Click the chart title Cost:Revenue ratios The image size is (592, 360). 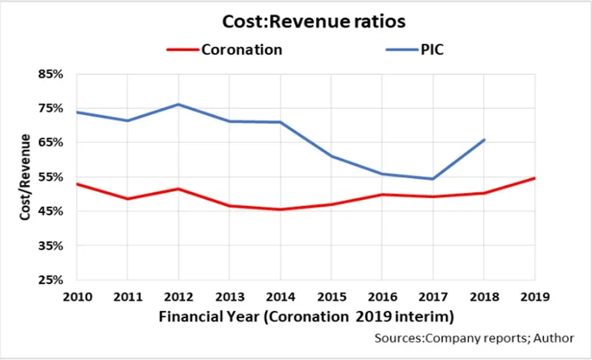pyautogui.click(x=313, y=21)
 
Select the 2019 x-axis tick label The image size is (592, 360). pyautogui.click(x=535, y=296)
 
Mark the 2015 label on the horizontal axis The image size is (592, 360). pyautogui.click(x=332, y=296)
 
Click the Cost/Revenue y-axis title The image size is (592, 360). pyautogui.click(x=25, y=177)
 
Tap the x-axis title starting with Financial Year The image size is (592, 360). pyautogui.click(x=306, y=317)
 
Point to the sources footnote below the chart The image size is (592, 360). pyautogui.click(x=474, y=338)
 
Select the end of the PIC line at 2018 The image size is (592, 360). pyautogui.click(x=484, y=140)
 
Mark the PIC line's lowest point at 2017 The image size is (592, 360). pyautogui.click(x=433, y=179)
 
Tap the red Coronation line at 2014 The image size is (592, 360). pyautogui.click(x=281, y=209)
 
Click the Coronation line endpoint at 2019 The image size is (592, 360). pyautogui.click(x=535, y=178)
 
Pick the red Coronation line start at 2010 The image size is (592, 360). pyautogui.click(x=77, y=184)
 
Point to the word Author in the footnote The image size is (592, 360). pyautogui.click(x=554, y=338)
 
